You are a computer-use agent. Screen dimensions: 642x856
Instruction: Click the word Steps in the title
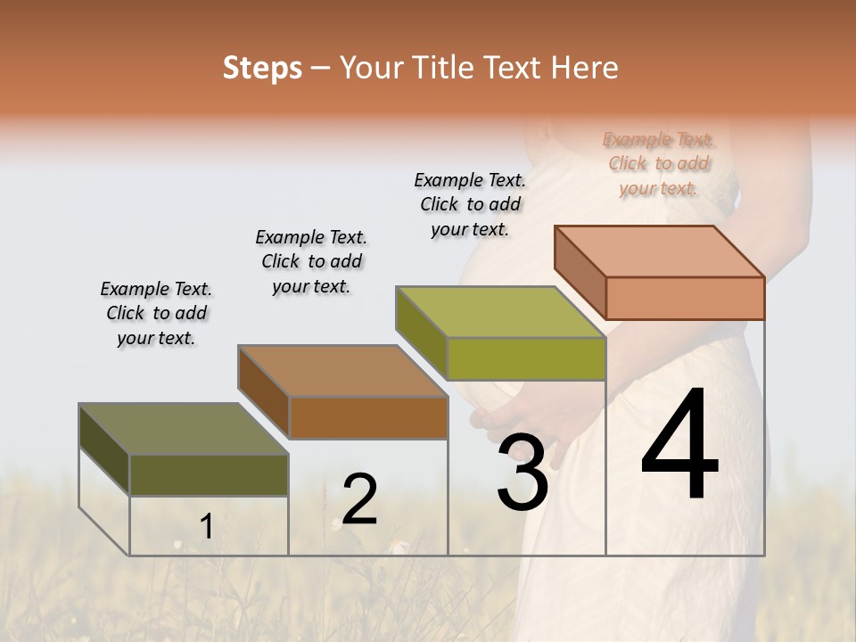(x=262, y=68)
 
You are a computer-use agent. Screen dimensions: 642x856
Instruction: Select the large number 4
(x=679, y=446)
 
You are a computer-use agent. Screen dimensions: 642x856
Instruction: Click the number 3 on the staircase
(x=523, y=473)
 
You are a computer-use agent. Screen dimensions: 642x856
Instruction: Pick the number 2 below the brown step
(x=359, y=499)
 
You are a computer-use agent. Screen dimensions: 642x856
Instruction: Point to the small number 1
(x=206, y=527)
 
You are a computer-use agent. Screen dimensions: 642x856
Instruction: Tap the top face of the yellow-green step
(x=500, y=312)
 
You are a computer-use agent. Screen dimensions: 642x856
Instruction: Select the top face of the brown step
(x=342, y=371)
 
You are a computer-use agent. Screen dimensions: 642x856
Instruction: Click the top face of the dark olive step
(x=184, y=429)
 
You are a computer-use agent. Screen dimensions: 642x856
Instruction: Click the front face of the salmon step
(x=685, y=298)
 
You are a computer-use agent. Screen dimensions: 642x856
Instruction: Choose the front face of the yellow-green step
(x=526, y=358)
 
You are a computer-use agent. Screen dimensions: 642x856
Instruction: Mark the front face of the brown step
(x=368, y=417)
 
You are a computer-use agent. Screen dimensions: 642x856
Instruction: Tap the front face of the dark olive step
(x=209, y=474)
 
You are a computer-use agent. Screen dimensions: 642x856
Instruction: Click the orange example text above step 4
(x=658, y=163)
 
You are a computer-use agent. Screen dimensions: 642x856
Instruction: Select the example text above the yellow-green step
(x=470, y=204)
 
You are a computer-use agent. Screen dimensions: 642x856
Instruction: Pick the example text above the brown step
(x=311, y=261)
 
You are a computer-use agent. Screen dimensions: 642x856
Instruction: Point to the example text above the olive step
(x=156, y=313)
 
